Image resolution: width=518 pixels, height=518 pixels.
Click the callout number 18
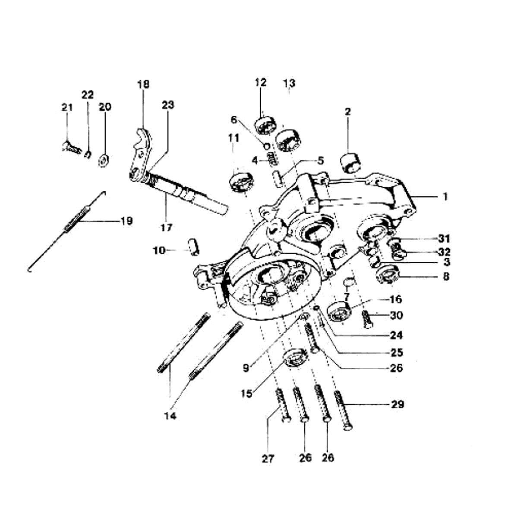143,85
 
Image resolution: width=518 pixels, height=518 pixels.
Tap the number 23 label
168,104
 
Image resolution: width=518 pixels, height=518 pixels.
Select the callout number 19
126,221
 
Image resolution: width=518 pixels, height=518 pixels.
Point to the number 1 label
445,197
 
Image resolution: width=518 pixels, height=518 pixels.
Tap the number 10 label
159,251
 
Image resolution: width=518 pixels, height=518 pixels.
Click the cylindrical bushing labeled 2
350,163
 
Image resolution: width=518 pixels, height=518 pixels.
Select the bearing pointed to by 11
242,182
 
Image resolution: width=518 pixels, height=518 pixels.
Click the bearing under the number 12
265,125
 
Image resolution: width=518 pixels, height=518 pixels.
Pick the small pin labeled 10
193,246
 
